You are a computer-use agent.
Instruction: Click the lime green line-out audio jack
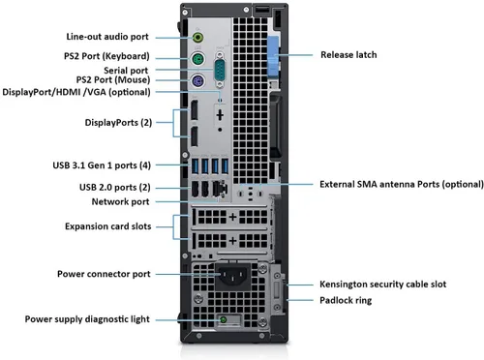(197, 37)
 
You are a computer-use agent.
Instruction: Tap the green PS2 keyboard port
(197, 59)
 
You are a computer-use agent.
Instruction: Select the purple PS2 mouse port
(197, 81)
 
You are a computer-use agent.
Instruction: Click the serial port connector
(222, 70)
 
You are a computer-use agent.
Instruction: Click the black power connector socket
(232, 278)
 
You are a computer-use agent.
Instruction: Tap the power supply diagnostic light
(225, 318)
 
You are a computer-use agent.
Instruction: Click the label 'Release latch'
(348, 55)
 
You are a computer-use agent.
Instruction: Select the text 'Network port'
(120, 201)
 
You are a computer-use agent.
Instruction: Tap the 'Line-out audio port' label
(108, 36)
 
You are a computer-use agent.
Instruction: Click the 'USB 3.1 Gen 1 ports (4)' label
(102, 164)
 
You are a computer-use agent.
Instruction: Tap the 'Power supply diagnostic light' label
(87, 318)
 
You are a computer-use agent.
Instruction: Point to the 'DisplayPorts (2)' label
(115, 123)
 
